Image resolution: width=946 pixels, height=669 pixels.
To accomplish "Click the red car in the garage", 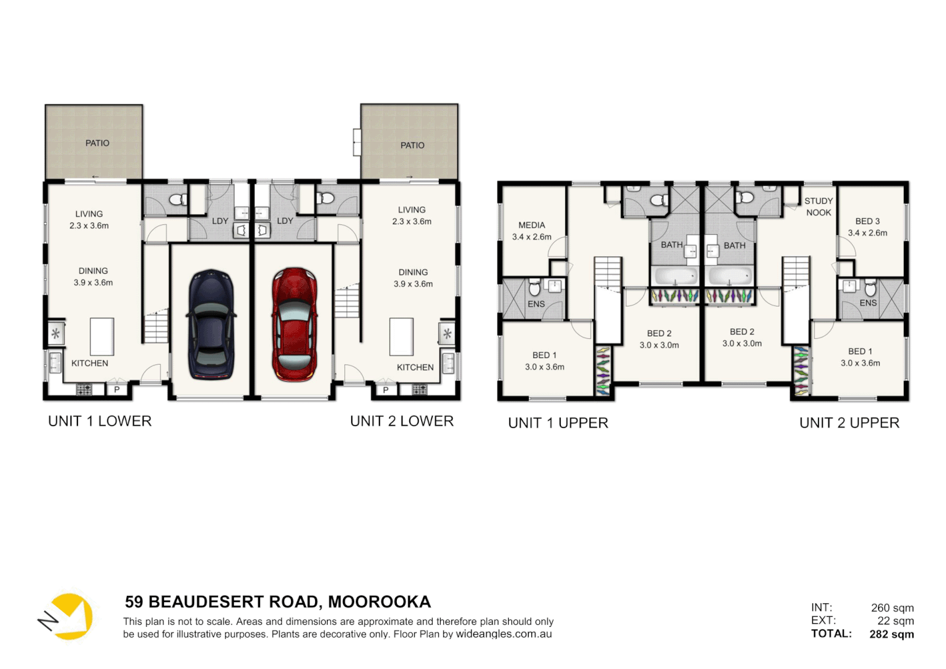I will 295,324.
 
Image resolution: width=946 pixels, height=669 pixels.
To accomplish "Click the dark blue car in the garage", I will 211,324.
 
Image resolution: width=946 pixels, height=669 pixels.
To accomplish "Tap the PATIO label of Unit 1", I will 97,143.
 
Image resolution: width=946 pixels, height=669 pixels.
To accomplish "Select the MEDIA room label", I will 532,225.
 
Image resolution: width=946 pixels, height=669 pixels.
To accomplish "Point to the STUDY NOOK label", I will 818,207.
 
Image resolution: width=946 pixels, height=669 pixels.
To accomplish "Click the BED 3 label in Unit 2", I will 867,221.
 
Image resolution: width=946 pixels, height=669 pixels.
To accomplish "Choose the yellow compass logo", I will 67,616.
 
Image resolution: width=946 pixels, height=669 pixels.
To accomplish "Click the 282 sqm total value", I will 892,634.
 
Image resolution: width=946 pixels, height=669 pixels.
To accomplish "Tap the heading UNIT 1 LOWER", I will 100,421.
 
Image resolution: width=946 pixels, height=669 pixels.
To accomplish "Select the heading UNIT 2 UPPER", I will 849,423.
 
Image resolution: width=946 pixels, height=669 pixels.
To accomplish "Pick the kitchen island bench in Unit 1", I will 102,336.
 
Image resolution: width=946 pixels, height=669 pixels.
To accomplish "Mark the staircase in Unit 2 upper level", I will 796,273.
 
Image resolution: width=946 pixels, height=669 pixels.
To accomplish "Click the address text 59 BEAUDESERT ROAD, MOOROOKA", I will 278,602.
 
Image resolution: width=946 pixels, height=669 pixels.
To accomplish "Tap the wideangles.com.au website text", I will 503,634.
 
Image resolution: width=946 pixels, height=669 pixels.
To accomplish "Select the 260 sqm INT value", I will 892,608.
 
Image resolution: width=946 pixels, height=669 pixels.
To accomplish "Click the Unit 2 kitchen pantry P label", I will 386,390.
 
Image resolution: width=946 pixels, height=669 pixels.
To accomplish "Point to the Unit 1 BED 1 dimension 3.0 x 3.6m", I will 545,367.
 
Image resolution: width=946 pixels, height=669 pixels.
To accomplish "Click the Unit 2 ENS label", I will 868,303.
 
